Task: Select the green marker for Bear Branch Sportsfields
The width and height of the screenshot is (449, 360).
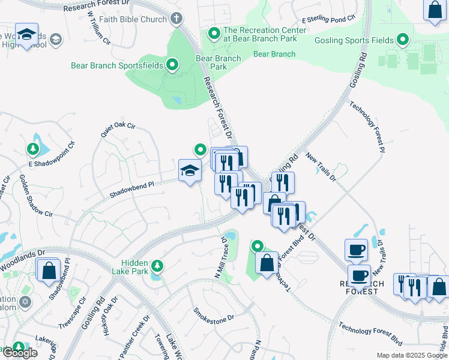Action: [x=173, y=65]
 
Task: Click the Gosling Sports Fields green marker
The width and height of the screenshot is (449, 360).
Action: [x=403, y=41]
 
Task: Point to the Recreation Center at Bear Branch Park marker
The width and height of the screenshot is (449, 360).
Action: [x=213, y=34]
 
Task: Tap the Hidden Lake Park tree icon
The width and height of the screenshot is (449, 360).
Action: [x=157, y=265]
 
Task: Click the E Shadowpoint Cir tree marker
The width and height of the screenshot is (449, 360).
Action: [x=32, y=148]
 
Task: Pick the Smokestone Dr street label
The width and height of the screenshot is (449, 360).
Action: [x=212, y=316]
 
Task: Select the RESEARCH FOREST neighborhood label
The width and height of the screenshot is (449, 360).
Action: [x=359, y=287]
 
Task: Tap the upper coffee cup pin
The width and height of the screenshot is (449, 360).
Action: [x=356, y=250]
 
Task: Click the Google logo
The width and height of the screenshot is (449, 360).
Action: [x=19, y=352]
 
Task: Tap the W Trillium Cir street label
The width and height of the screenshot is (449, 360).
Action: [x=99, y=29]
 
